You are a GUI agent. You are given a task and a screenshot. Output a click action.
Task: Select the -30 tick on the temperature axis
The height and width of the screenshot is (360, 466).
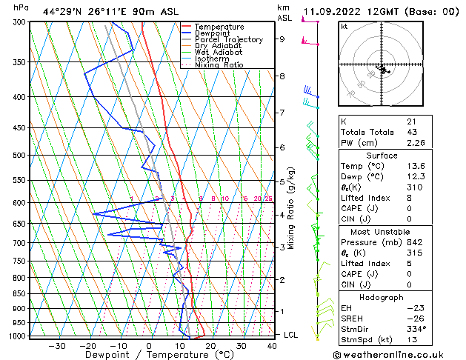point(57,346)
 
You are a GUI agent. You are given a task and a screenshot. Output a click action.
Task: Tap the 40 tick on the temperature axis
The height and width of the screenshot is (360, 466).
point(273,346)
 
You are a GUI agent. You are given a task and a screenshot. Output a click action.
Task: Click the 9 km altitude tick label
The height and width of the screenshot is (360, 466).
point(282,39)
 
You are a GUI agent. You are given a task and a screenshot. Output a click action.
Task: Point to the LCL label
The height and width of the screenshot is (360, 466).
point(291,335)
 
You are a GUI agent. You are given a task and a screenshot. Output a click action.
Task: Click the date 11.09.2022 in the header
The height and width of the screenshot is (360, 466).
point(330,11)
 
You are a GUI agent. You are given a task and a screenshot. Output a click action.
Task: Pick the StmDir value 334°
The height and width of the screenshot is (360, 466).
point(416,329)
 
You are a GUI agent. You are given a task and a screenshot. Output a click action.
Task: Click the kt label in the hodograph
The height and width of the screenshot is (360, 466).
point(344,26)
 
